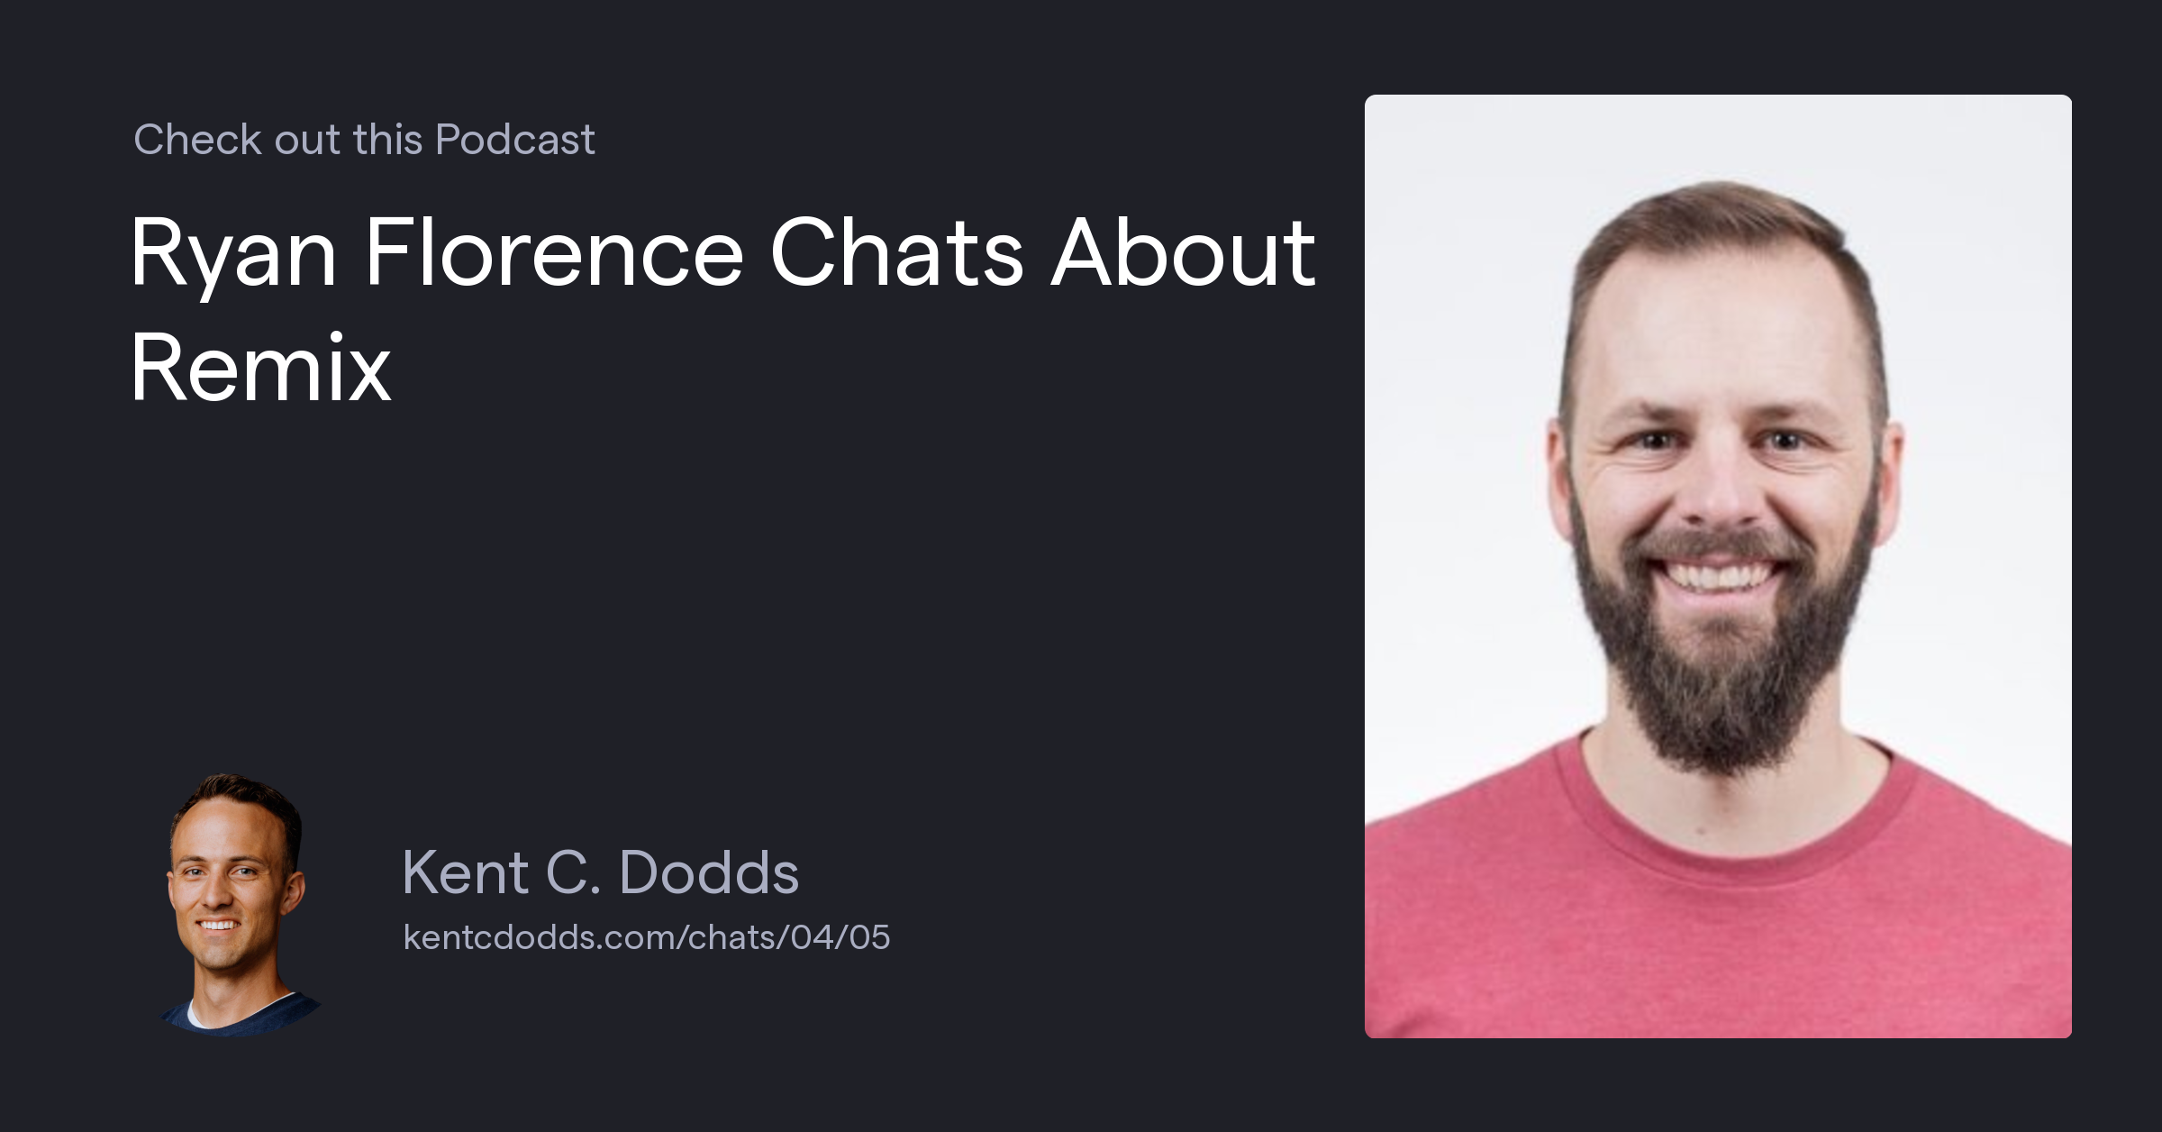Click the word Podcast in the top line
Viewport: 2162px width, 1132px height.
[x=514, y=140]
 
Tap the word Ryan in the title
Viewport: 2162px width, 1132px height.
[x=232, y=254]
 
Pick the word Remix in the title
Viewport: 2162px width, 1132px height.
[x=260, y=368]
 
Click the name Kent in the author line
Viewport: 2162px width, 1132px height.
[x=465, y=872]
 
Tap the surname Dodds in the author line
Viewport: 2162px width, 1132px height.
[x=709, y=872]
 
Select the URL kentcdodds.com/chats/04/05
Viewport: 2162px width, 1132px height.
[x=646, y=937]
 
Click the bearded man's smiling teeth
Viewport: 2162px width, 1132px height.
[x=1716, y=575]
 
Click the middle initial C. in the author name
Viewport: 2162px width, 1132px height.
[x=573, y=872]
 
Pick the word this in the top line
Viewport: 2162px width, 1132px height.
[x=387, y=140]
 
